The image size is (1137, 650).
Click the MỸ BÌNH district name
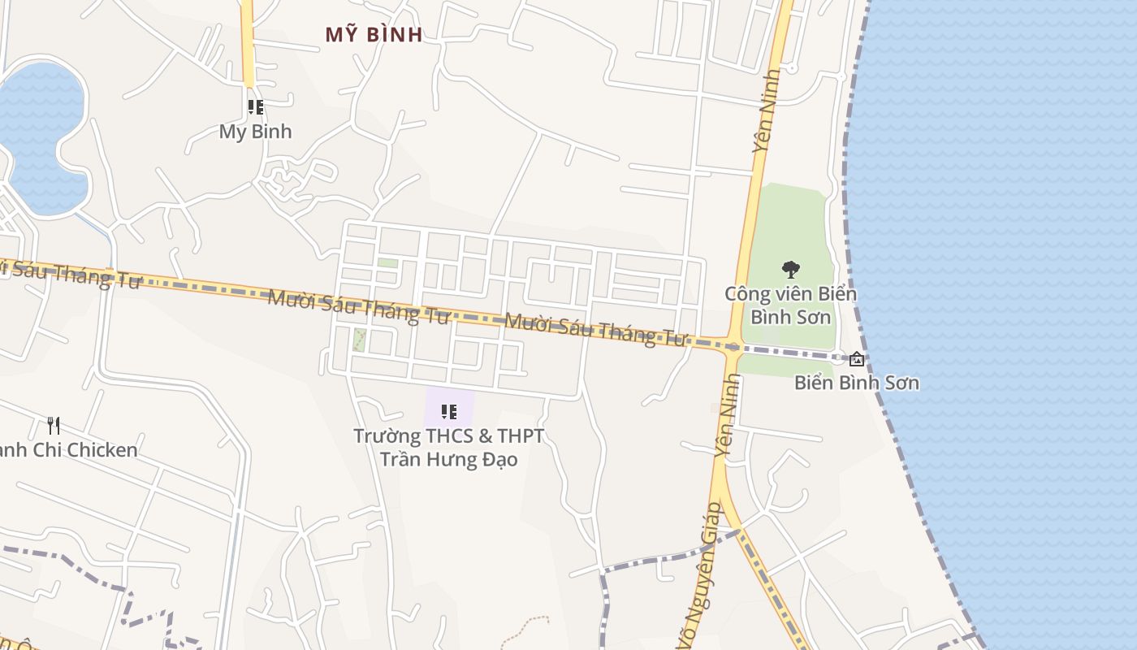pos(374,35)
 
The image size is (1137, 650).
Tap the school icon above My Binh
pos(256,107)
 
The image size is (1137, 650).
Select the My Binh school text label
pos(255,132)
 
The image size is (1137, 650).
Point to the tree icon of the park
pos(789,270)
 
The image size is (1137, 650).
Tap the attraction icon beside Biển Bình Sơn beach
pos(856,358)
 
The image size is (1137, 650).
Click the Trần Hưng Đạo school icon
pos(448,412)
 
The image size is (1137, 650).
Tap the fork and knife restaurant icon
pos(54,425)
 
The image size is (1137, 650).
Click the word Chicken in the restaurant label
pos(102,450)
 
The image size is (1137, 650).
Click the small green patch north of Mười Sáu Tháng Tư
pos(388,263)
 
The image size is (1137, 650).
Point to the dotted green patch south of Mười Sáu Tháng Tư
pos(358,340)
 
